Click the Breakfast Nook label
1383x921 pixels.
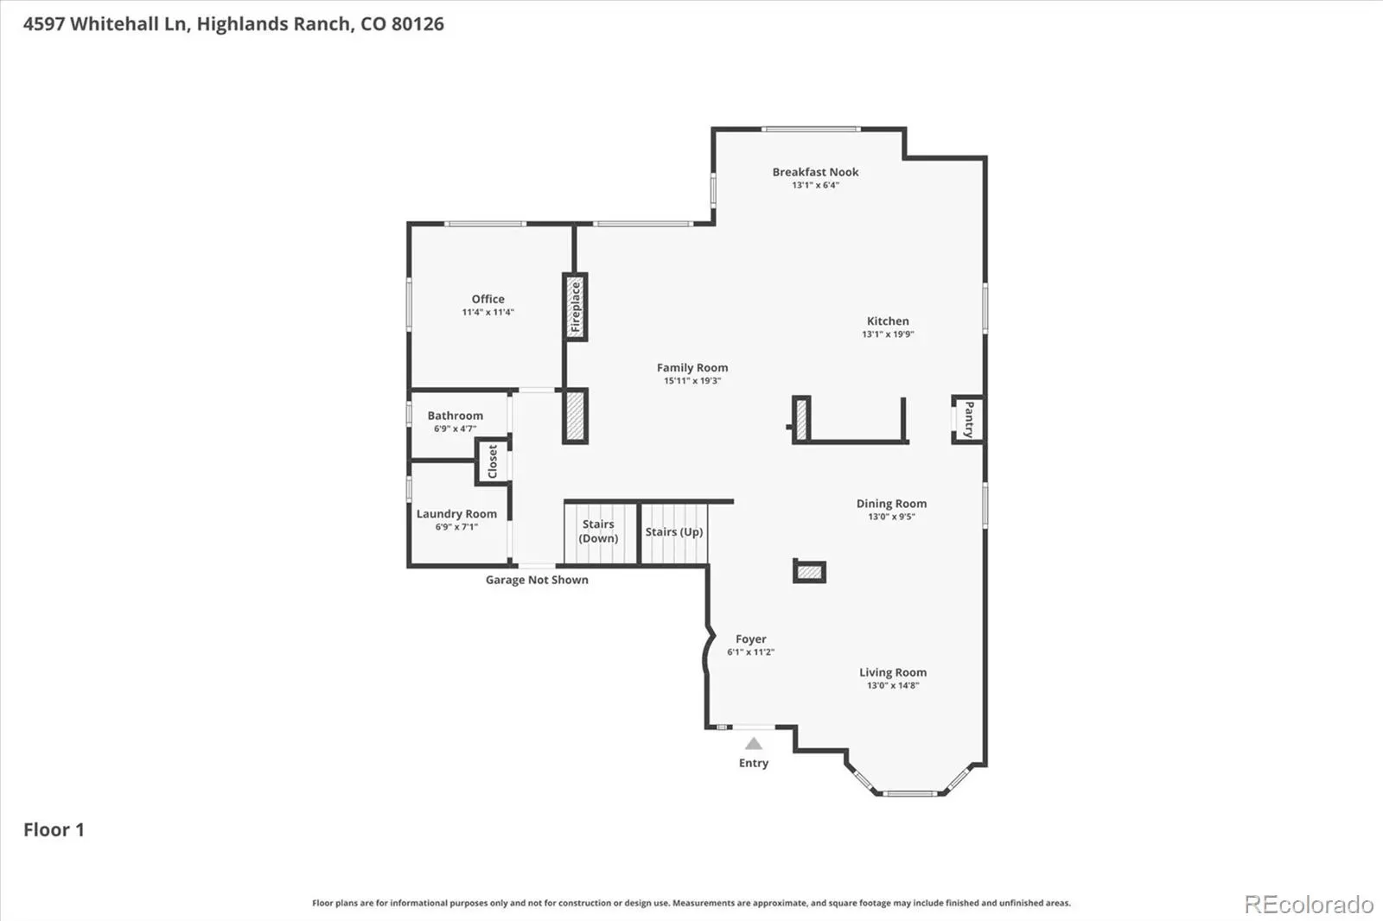point(815,172)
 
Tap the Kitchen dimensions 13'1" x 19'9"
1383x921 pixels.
point(888,334)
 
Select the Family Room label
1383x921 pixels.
point(692,368)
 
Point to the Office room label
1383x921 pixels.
point(488,300)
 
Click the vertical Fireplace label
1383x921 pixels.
point(576,307)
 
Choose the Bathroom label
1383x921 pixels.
point(455,416)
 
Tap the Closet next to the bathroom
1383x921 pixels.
point(493,461)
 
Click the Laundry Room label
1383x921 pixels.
point(456,514)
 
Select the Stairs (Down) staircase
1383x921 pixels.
point(600,533)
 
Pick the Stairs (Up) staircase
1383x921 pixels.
point(674,533)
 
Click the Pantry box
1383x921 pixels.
point(968,420)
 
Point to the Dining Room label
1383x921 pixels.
point(891,504)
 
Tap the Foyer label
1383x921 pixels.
point(751,639)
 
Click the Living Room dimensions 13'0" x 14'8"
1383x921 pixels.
point(893,686)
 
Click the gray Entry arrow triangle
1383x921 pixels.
point(753,744)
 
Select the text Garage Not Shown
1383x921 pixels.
point(537,581)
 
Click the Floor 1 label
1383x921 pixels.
point(54,829)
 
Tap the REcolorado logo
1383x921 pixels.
point(1309,905)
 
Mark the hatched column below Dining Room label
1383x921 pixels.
point(809,572)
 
